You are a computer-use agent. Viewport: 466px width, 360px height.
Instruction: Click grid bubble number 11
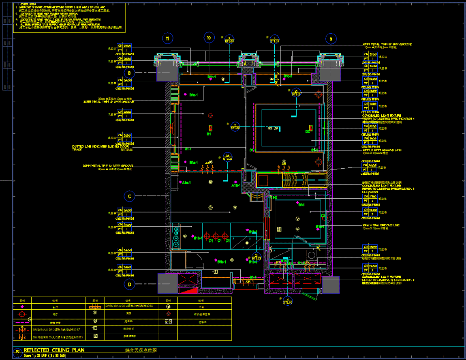click(167, 39)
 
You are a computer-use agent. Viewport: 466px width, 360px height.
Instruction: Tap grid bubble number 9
click(331, 39)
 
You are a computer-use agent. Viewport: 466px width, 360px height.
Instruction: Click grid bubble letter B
click(129, 73)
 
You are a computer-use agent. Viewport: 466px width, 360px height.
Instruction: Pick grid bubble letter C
click(129, 197)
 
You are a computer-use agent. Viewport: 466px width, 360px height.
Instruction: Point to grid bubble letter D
click(130, 284)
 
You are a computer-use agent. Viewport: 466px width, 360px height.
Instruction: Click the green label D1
click(209, 133)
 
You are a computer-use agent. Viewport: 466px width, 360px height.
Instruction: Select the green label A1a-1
click(187, 182)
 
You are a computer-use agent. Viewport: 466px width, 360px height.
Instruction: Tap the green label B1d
click(301, 205)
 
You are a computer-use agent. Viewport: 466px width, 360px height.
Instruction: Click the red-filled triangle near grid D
click(188, 290)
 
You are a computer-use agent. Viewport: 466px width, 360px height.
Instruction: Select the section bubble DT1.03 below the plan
click(288, 300)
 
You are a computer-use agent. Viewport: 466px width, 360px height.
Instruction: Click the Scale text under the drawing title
click(45, 356)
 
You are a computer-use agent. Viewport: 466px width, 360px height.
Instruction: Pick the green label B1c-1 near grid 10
click(212, 77)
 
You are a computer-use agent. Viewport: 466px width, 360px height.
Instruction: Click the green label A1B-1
click(236, 186)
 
